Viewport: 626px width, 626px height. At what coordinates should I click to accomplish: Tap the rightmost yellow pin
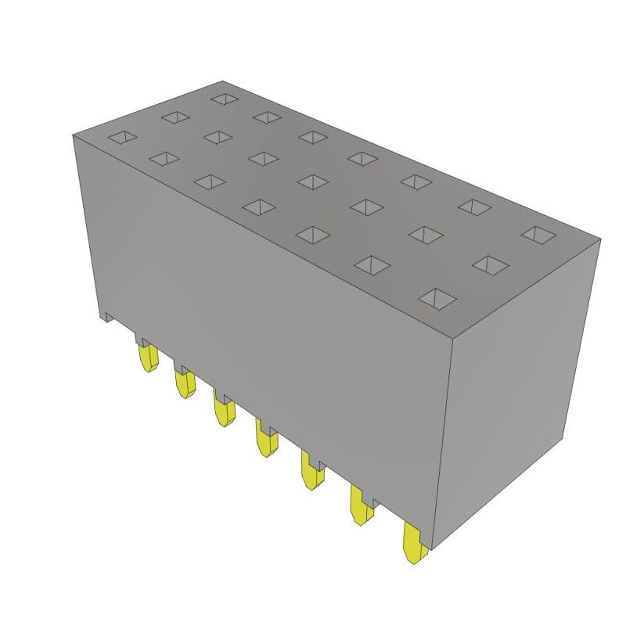coord(412,544)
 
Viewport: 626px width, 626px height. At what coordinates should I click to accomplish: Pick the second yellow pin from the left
coord(185,384)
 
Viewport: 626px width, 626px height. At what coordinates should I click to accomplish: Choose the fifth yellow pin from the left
coord(311,472)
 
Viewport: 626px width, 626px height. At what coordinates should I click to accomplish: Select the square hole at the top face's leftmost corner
coord(121,139)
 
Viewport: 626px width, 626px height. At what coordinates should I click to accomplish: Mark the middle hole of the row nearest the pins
coord(261,206)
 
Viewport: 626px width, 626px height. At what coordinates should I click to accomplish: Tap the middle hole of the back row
coord(362,157)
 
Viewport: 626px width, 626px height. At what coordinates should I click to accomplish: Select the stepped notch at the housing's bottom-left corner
coord(108,316)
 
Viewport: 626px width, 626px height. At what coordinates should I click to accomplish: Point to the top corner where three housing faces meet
coord(455,335)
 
